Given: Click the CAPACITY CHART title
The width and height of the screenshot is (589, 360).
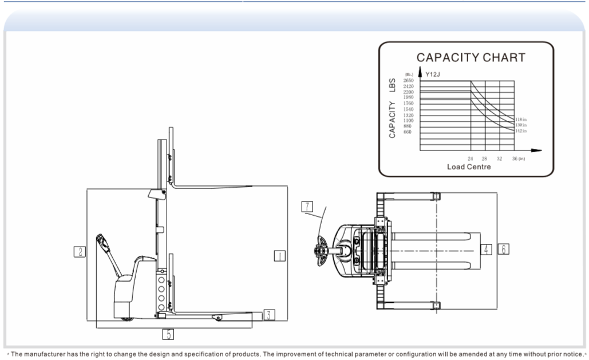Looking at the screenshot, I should point(471,57).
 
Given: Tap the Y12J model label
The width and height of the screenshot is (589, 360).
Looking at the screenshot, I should point(433,74).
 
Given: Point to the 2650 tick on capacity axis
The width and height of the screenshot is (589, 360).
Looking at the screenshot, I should point(409,81).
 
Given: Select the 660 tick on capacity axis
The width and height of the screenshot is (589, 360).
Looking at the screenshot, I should point(409,132).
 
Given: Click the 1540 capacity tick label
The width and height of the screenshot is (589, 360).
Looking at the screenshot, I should point(409,109).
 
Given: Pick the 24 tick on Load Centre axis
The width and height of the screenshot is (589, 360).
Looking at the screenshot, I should point(471,157).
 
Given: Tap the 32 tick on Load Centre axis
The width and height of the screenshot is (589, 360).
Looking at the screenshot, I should point(499,157).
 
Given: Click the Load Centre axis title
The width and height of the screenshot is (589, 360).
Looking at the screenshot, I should point(469,167).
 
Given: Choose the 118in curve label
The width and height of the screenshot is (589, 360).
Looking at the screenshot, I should point(521,120).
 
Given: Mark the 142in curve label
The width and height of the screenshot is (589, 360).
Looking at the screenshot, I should point(521,131).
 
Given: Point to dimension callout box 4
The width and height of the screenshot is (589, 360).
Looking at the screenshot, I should point(485,250).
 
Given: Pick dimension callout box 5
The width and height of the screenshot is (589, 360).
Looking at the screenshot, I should point(168,333).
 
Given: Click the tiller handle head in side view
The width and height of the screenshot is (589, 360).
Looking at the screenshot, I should point(103,241).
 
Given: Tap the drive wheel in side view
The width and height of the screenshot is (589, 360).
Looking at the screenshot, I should point(126,317).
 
